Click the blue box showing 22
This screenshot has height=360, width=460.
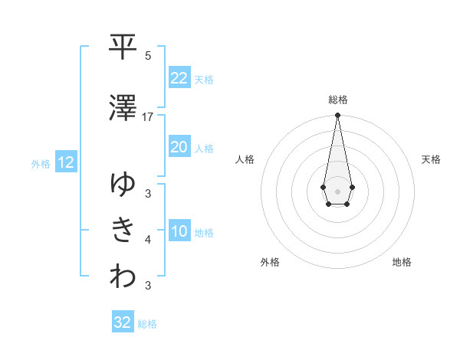(179, 78)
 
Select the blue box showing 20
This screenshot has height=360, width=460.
(179, 148)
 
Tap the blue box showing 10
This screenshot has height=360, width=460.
(179, 232)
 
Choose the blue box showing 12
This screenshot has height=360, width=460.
(65, 162)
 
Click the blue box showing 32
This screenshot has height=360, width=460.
(123, 322)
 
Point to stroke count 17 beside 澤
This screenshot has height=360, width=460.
(148, 117)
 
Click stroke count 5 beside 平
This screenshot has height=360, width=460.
(148, 56)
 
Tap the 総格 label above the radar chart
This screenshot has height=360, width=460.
(337, 100)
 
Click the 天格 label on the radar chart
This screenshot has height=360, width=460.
(431, 159)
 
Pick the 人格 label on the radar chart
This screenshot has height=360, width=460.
(245, 159)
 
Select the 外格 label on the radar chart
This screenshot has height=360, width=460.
(270, 262)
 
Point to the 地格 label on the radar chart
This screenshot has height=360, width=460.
(402, 262)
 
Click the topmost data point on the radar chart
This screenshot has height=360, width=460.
(337, 116)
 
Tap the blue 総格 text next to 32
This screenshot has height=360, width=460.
(147, 324)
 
